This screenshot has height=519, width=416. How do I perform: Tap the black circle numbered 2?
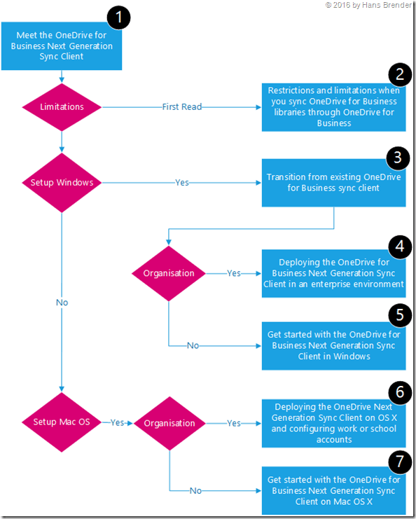click(398, 76)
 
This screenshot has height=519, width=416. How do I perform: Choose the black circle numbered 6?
click(398, 392)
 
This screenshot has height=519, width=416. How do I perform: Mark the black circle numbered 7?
click(398, 460)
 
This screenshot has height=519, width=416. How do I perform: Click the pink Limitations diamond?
click(62, 107)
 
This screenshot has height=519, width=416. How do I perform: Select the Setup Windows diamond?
click(62, 183)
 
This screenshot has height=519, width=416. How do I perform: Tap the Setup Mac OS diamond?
click(62, 422)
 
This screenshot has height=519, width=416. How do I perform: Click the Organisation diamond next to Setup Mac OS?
click(169, 423)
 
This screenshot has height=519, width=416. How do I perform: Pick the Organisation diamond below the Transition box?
click(169, 273)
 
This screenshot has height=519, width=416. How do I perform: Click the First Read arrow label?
click(182, 107)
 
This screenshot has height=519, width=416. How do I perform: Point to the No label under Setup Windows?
click(62, 303)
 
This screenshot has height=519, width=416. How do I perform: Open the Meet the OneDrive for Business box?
click(62, 46)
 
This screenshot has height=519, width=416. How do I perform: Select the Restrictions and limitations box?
click(333, 107)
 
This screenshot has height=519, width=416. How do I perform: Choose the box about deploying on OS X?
click(333, 423)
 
